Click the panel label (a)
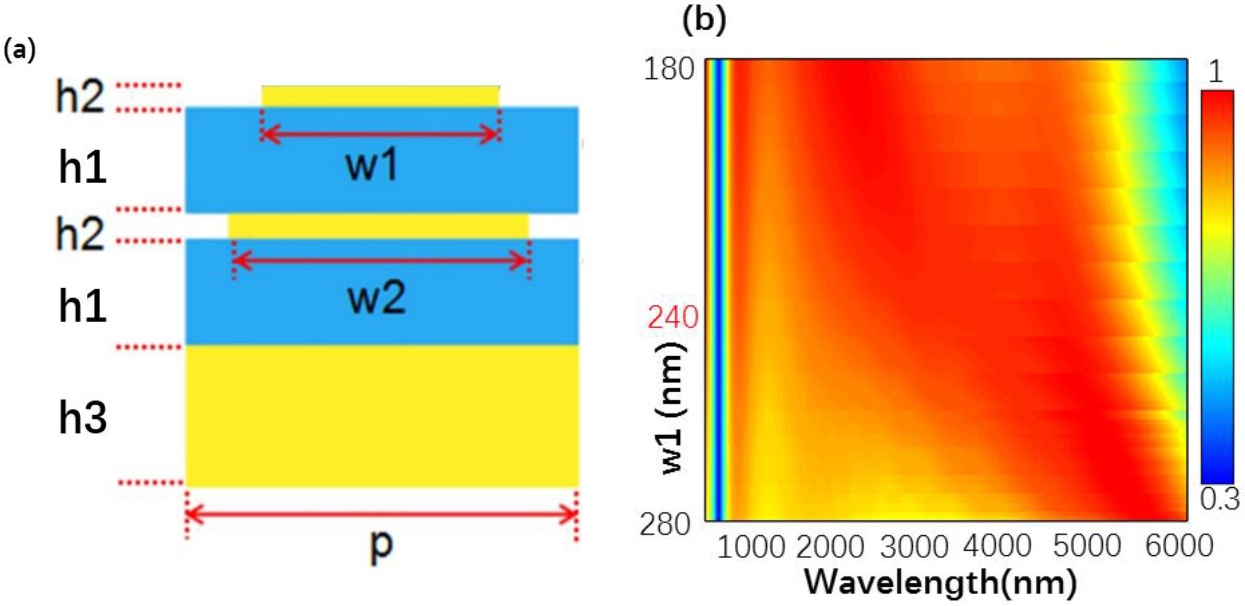point(19,50)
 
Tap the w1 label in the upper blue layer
point(372,166)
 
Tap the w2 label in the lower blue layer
point(377,299)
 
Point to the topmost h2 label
point(80,97)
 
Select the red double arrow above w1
point(380,134)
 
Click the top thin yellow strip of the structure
point(380,96)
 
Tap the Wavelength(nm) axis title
point(940,582)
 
